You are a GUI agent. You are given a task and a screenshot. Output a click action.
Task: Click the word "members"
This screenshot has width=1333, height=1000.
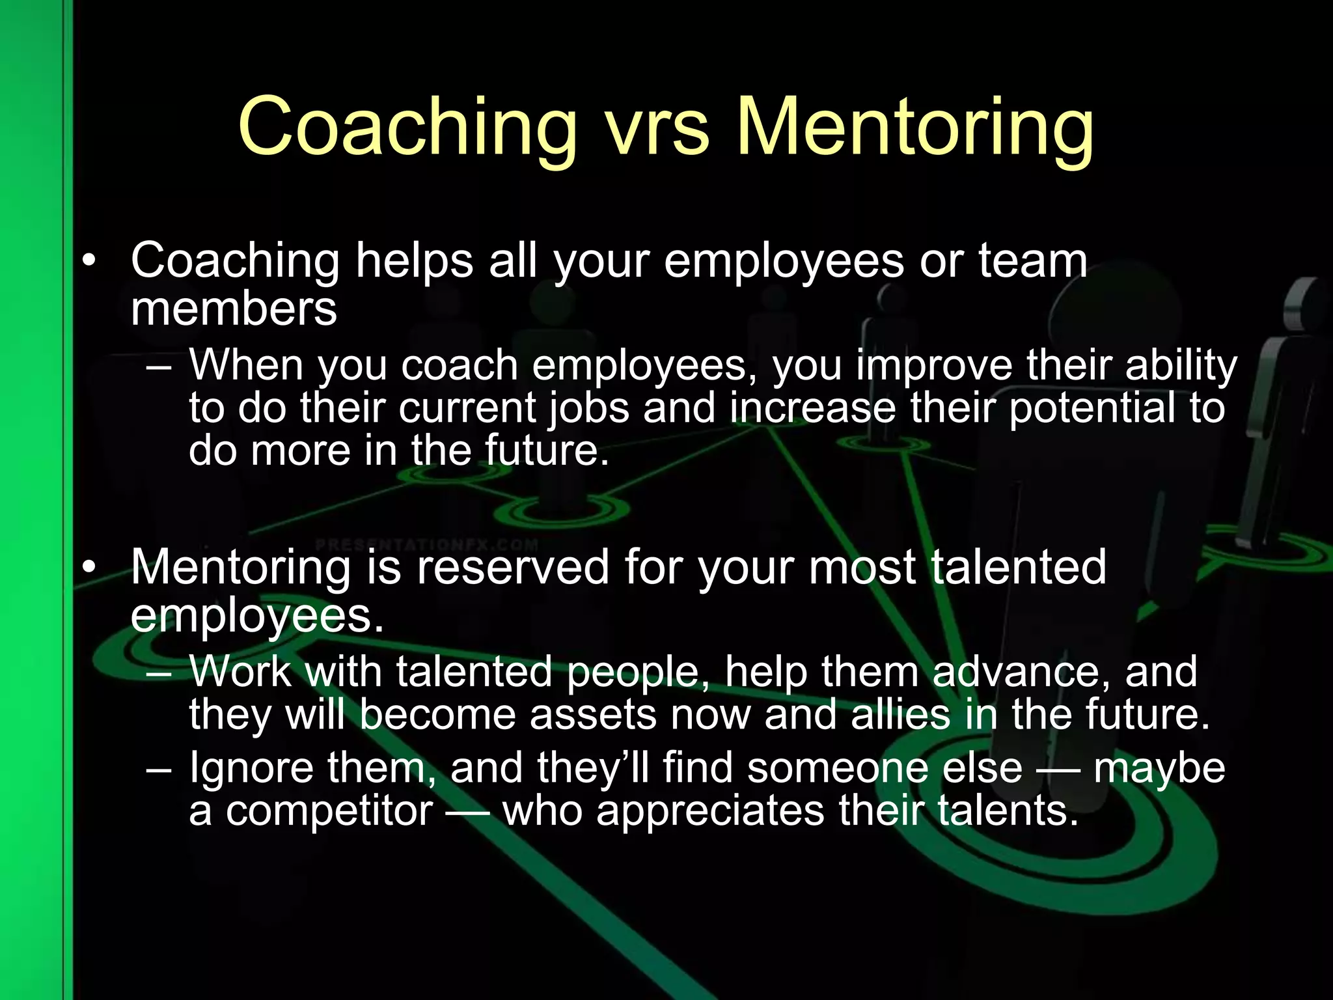coord(234,309)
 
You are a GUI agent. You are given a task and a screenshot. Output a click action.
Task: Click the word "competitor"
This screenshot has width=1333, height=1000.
coord(329,811)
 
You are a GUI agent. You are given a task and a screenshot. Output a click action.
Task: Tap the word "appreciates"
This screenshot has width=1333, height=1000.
coord(710,811)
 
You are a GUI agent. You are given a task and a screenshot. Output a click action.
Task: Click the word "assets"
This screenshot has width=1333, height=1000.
coord(594,715)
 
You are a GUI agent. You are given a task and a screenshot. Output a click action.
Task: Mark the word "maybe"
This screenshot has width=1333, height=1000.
coord(1159,768)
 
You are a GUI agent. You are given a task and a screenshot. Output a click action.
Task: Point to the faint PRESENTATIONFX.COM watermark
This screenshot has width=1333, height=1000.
coord(427,544)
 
